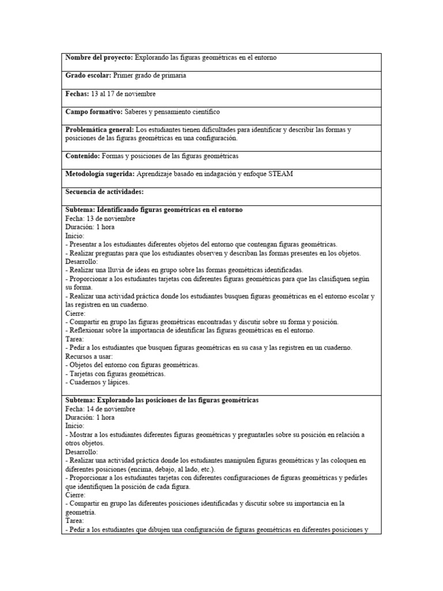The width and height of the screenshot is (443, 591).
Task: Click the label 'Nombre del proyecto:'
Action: (99, 58)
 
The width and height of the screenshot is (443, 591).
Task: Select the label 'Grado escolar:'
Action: (88, 76)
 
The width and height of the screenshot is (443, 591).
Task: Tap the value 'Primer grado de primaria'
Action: (149, 76)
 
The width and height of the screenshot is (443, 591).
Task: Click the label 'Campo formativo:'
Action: (94, 111)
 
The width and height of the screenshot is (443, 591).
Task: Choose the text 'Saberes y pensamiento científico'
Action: (172, 111)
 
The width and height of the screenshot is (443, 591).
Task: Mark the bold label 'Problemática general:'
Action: (100, 129)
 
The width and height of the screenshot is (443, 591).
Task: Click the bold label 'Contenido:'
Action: (82, 156)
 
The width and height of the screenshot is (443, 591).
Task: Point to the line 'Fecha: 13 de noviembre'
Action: (100, 219)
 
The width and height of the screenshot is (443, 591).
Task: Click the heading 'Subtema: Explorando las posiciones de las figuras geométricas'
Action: (162, 400)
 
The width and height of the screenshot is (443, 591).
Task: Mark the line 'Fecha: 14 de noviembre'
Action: (100, 409)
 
